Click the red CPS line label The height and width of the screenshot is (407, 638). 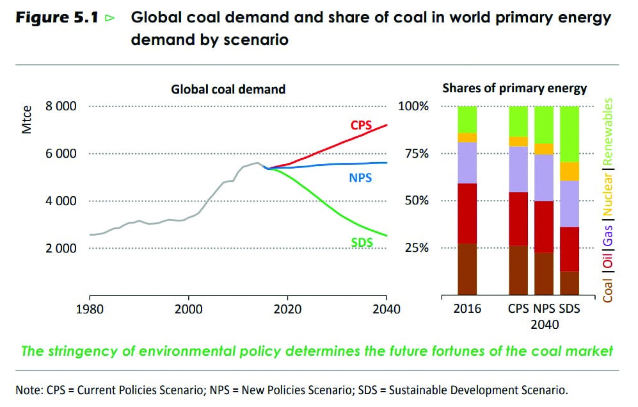(x=361, y=125)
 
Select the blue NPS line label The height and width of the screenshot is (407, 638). (x=360, y=178)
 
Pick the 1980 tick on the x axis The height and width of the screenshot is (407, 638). (x=90, y=309)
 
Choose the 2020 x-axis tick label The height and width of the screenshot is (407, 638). (x=287, y=309)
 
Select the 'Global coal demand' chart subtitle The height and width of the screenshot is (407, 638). (x=228, y=89)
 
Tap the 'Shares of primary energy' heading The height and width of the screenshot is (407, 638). (x=514, y=88)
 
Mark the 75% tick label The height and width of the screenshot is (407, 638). (x=413, y=154)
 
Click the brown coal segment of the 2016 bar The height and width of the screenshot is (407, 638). (x=467, y=269)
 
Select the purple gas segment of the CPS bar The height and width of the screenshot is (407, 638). (x=518, y=169)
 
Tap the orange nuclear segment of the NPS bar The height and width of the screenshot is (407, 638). (x=544, y=149)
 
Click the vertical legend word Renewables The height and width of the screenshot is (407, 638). (x=608, y=128)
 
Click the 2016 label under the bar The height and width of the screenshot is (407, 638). (x=467, y=309)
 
